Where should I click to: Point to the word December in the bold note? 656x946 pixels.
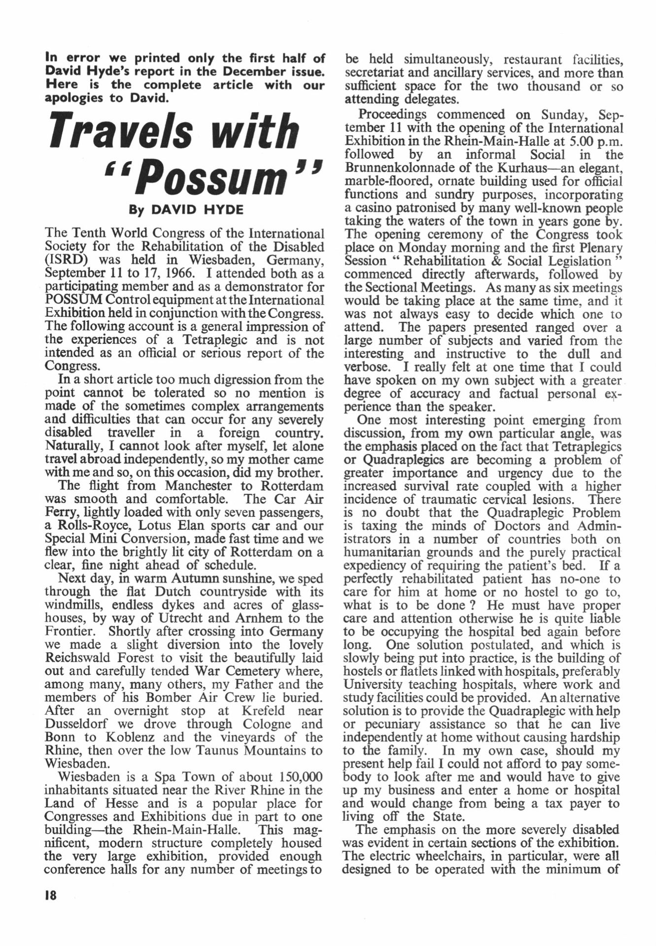coord(255,71)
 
